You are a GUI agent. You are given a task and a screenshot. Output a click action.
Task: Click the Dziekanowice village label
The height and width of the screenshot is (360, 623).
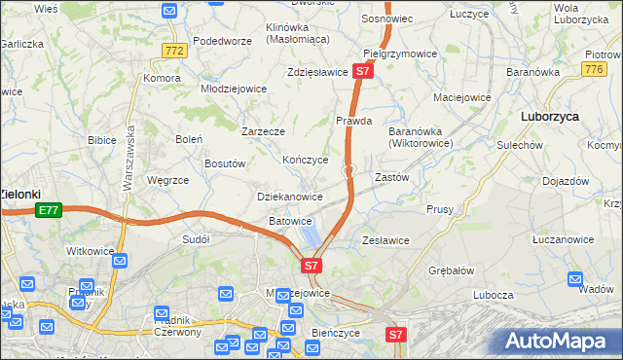click(x=289, y=197)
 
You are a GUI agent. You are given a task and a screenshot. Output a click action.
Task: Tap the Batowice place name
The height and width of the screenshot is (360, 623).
click(x=290, y=221)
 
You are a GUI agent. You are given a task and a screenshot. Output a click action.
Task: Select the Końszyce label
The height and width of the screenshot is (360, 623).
click(x=305, y=160)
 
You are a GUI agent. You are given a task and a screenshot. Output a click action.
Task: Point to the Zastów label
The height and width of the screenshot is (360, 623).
click(x=391, y=178)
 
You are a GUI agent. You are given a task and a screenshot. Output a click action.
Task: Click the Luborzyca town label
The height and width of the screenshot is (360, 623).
click(x=550, y=115)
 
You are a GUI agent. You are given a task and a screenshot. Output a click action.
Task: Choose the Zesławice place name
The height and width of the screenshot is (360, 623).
click(x=385, y=240)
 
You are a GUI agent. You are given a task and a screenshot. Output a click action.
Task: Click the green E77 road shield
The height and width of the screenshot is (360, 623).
click(x=49, y=208)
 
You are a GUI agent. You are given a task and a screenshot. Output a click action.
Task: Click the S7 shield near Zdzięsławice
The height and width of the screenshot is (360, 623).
click(x=362, y=71)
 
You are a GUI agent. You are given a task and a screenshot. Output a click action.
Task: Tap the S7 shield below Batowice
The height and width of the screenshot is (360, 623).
click(x=310, y=265)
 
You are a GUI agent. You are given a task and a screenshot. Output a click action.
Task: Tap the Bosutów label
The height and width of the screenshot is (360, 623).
click(x=224, y=163)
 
